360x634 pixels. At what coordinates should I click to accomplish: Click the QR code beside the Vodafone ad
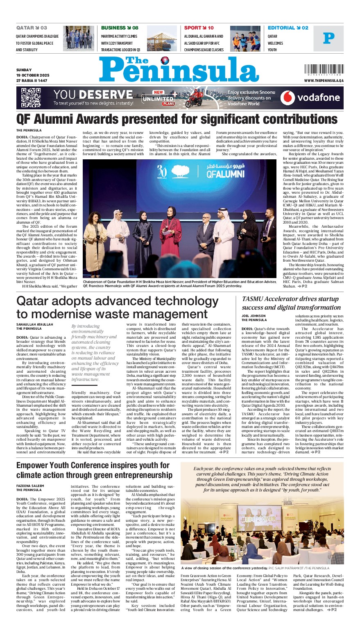pyautogui.click(x=31, y=97)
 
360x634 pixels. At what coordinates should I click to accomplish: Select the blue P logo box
pyautogui.click(x=328, y=38)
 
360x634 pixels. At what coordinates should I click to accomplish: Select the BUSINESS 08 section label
pyautogui.click(x=120, y=28)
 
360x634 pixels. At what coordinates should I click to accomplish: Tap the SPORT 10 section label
pyautogui.click(x=199, y=28)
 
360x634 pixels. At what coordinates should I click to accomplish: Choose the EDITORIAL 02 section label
pyautogui.click(x=288, y=28)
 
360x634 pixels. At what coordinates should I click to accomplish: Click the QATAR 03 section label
pyautogui.click(x=32, y=28)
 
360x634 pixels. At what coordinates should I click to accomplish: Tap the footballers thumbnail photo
pyautogui.click(x=245, y=38)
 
